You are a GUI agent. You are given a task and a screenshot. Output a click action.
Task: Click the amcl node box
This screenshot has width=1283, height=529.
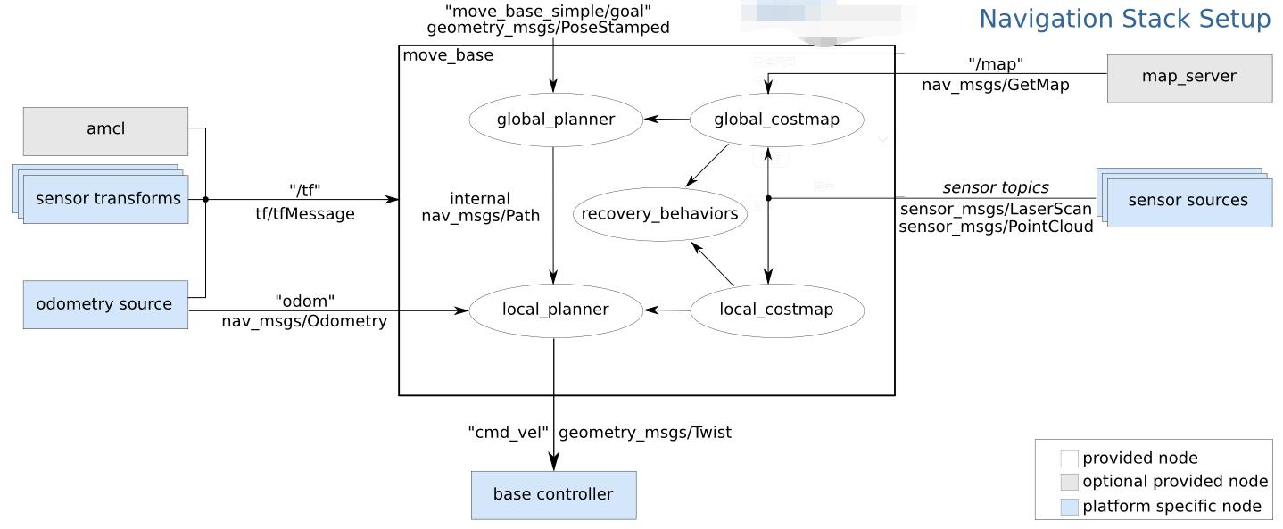tap(105, 130)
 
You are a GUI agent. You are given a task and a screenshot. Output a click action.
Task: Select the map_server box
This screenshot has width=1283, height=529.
tap(1188, 78)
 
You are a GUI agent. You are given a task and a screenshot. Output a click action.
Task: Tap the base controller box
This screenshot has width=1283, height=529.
tap(553, 494)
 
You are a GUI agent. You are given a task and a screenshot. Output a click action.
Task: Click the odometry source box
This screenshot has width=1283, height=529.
tap(105, 304)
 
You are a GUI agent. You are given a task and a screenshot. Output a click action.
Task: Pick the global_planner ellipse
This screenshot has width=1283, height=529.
tap(555, 120)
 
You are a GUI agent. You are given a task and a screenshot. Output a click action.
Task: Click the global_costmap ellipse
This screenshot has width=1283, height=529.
tap(776, 120)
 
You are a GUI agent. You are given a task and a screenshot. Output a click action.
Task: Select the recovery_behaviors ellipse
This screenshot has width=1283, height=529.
tap(659, 214)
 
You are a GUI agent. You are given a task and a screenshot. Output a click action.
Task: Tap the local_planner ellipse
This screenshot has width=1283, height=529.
tap(555, 310)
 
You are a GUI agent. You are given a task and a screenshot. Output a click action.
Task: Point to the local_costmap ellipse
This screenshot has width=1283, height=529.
tap(776, 310)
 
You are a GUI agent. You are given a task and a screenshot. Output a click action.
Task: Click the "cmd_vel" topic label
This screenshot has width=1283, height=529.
tap(508, 433)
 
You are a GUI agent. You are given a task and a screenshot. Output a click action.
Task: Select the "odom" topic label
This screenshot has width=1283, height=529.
tap(304, 302)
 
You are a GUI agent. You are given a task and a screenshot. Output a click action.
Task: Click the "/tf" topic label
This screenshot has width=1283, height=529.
tap(304, 189)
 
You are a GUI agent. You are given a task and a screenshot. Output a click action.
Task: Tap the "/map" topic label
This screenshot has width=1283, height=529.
tap(995, 64)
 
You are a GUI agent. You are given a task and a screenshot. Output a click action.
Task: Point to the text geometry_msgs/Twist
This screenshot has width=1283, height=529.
tap(644, 433)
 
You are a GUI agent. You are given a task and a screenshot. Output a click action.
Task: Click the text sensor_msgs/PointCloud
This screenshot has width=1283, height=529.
tap(996, 227)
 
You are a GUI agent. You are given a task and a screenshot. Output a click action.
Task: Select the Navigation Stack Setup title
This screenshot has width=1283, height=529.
tap(1124, 19)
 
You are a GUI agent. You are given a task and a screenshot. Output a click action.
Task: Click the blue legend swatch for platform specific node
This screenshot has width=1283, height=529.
tap(1069, 508)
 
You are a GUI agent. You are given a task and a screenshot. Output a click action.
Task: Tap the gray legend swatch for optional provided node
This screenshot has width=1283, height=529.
tap(1069, 483)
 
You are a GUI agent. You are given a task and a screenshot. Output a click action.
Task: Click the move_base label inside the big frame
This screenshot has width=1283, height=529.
tap(448, 55)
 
